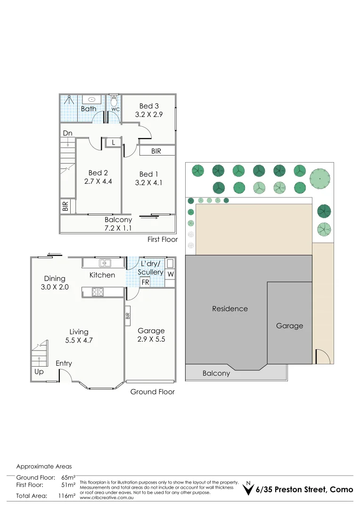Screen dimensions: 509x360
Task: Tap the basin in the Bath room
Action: point(91,99)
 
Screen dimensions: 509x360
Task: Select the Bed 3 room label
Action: point(149,106)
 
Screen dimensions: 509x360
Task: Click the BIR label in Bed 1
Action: point(156,151)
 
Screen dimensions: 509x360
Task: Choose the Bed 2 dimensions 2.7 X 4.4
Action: point(98,181)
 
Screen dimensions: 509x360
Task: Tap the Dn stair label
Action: point(67,133)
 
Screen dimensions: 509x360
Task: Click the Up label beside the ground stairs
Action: point(39,372)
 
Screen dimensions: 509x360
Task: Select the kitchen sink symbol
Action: point(105,263)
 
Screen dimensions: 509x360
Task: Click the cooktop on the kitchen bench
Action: point(98,292)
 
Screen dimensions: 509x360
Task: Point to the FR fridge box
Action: point(146,282)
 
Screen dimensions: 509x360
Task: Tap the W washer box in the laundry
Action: point(170,274)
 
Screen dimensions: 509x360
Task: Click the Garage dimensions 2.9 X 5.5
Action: point(151,339)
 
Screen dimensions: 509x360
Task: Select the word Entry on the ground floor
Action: point(64,363)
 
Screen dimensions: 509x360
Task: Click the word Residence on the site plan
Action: point(229,309)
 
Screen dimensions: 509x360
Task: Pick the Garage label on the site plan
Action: point(289,326)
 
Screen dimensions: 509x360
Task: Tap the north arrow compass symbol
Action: point(248,489)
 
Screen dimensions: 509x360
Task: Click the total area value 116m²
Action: point(66,496)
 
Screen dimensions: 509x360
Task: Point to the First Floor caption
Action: point(163,239)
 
